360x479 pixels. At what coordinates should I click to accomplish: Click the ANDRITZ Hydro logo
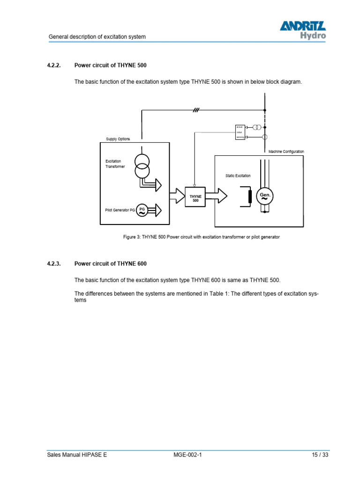click(x=303, y=30)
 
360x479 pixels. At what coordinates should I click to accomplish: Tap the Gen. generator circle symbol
click(x=265, y=196)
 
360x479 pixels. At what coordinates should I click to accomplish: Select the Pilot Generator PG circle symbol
click(x=142, y=210)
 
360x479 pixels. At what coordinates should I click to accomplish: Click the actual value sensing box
click(x=240, y=132)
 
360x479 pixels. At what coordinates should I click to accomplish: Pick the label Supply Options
click(x=118, y=139)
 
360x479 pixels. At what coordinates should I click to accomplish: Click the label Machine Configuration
click(x=286, y=152)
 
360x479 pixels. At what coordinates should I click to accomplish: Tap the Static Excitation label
click(x=238, y=176)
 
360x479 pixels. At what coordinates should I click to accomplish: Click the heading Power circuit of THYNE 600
click(x=113, y=264)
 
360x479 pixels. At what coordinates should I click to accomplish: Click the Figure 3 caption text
click(x=201, y=237)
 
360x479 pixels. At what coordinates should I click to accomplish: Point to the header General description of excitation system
click(x=97, y=36)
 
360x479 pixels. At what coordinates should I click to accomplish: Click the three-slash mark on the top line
click(x=196, y=110)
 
